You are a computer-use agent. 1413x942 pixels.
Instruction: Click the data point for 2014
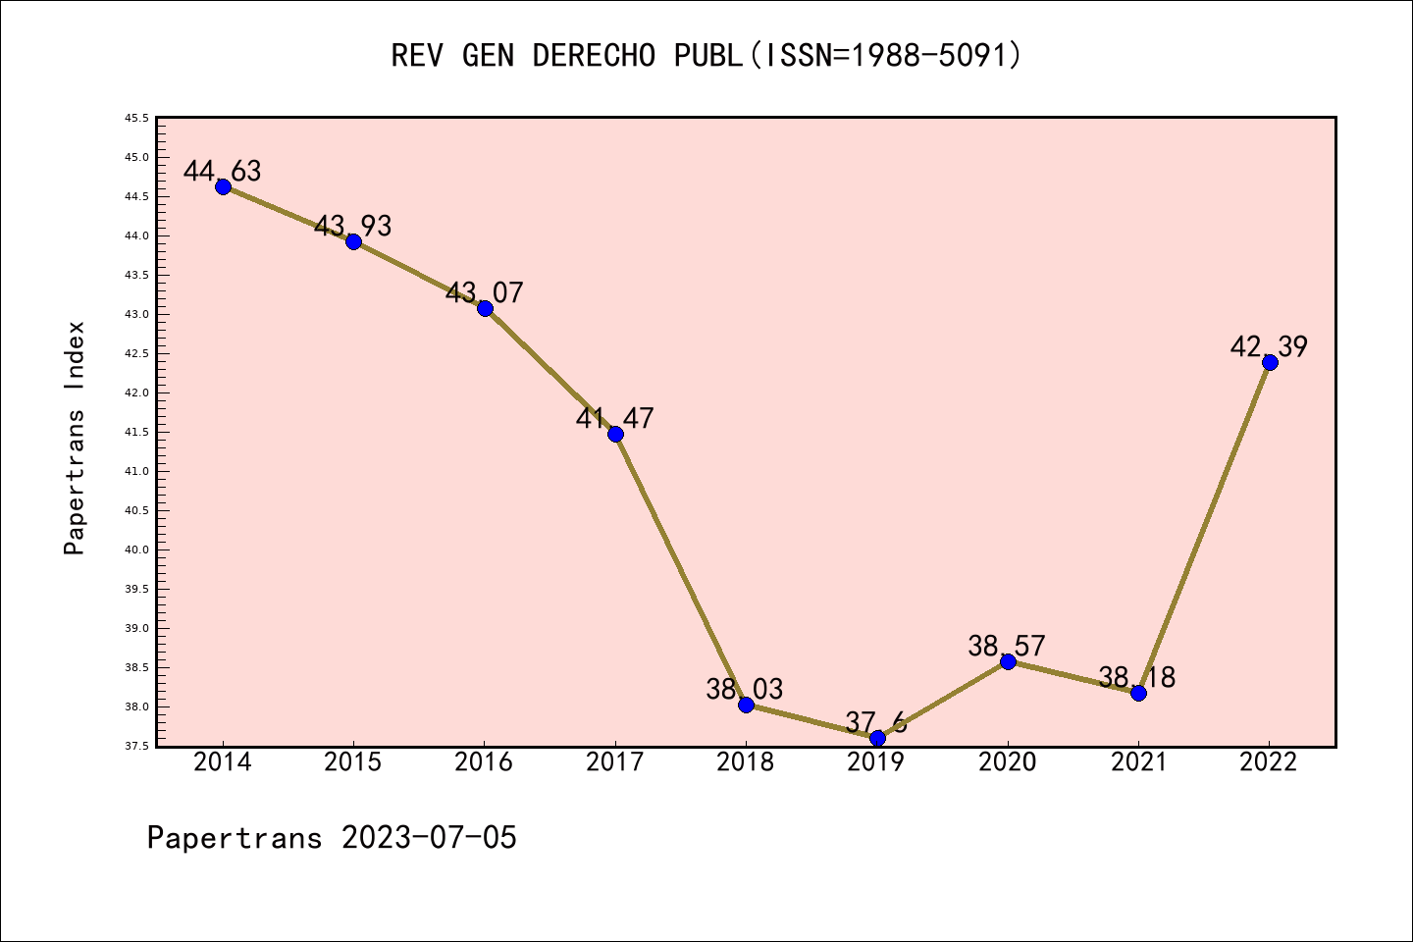[223, 186]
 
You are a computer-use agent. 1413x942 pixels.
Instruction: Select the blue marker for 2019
[877, 738]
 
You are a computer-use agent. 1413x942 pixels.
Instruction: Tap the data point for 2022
[1270, 362]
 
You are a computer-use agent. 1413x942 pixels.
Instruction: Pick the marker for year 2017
[615, 434]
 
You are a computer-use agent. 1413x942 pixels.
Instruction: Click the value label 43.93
[353, 226]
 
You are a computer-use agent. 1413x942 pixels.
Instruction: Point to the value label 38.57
[1007, 646]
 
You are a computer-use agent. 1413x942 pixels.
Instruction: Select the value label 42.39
[1269, 346]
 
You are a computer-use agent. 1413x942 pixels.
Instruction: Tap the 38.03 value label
[745, 689]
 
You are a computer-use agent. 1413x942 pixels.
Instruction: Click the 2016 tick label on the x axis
[484, 762]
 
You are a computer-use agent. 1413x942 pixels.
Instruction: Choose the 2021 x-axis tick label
[1138, 762]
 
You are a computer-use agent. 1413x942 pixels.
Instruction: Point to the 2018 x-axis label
[746, 762]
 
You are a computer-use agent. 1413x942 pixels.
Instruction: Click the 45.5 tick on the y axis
[136, 118]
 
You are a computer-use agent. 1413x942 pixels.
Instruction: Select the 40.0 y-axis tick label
[136, 549]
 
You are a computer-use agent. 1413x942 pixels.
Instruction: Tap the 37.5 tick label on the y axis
[136, 746]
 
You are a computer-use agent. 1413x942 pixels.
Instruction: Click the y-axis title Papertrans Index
[75, 438]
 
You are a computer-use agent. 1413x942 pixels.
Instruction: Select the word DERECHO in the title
[594, 55]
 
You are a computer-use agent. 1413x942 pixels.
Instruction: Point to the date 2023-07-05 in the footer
[429, 838]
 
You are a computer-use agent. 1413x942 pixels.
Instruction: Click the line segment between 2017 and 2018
[681, 569]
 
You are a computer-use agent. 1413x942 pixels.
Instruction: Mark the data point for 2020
[1008, 661]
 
